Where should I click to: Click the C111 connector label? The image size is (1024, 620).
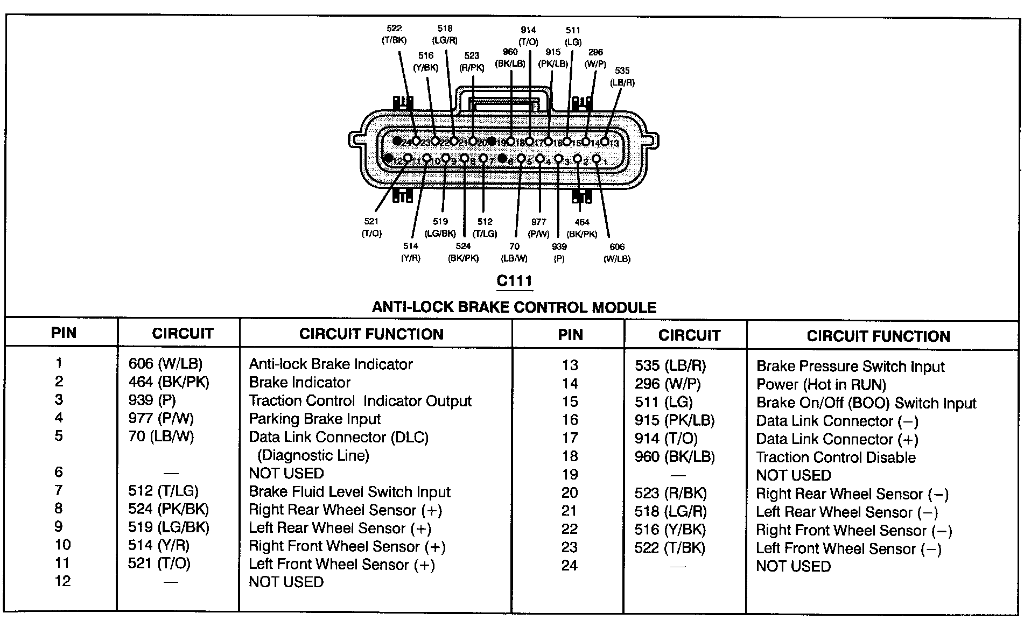pyautogui.click(x=514, y=281)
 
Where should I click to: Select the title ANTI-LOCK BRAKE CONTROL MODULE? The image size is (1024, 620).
pyautogui.click(x=514, y=307)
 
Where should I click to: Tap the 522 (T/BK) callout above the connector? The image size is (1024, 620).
pyautogui.click(x=394, y=34)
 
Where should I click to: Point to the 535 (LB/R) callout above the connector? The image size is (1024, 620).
pyautogui.click(x=622, y=76)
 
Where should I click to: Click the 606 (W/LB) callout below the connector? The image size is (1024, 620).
pyautogui.click(x=617, y=252)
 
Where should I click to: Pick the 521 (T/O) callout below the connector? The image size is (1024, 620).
pyautogui.click(x=371, y=227)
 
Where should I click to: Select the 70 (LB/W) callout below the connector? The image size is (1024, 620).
pyautogui.click(x=514, y=252)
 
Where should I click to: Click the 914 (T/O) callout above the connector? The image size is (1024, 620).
pyautogui.click(x=528, y=36)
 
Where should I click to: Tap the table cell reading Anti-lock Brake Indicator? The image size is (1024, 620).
pyautogui.click(x=331, y=364)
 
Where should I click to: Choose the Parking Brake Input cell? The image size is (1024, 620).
pyautogui.click(x=314, y=419)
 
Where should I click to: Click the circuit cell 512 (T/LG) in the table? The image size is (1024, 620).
pyautogui.click(x=163, y=491)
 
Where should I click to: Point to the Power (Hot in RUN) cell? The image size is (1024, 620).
pyautogui.click(x=821, y=385)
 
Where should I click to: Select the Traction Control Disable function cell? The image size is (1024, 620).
pyautogui.click(x=836, y=457)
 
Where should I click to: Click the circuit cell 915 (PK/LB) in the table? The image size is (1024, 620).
pyautogui.click(x=675, y=421)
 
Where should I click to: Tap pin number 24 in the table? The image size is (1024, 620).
pyautogui.click(x=569, y=566)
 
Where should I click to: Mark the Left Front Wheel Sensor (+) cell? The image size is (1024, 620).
pyautogui.click(x=341, y=565)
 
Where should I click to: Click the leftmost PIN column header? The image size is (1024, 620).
pyautogui.click(x=64, y=333)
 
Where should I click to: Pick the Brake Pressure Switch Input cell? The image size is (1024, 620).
pyautogui.click(x=850, y=367)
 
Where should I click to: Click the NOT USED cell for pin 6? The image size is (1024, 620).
pyautogui.click(x=286, y=474)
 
